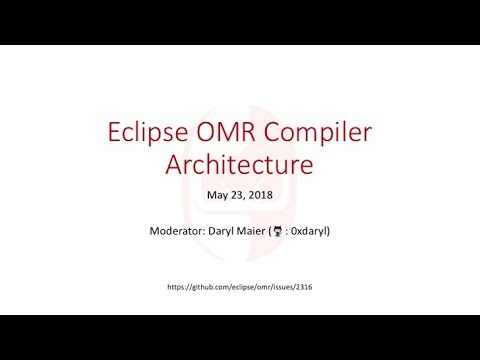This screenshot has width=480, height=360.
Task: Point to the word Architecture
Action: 239,164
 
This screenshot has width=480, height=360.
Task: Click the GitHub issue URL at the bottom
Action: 239,287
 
